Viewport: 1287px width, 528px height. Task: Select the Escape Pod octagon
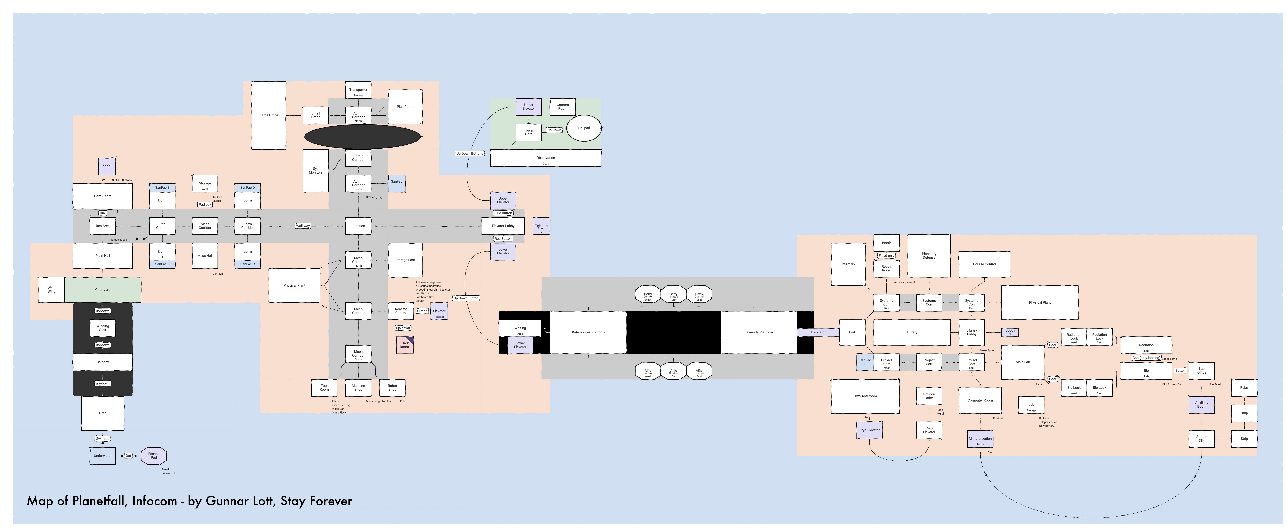click(154, 456)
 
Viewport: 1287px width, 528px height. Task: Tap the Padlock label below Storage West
click(205, 205)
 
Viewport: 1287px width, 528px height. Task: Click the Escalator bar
click(818, 332)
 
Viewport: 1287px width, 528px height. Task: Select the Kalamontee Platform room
click(588, 332)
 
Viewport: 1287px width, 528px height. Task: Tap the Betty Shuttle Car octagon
click(673, 295)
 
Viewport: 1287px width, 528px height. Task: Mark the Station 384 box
click(1202, 439)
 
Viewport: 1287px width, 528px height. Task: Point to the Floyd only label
click(886, 255)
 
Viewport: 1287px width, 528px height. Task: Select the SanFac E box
click(397, 183)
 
